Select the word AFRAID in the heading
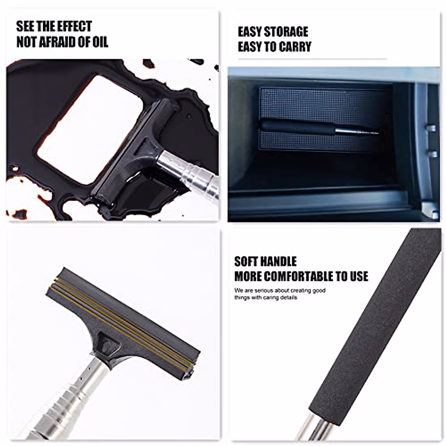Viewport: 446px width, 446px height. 62,42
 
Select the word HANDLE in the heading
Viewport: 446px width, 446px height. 281,262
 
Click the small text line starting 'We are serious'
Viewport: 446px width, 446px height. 280,290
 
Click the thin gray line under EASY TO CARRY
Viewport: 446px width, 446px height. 312,59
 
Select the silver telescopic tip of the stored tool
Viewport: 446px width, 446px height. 357,131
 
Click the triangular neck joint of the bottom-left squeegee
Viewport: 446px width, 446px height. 108,346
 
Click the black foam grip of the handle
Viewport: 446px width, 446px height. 372,327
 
